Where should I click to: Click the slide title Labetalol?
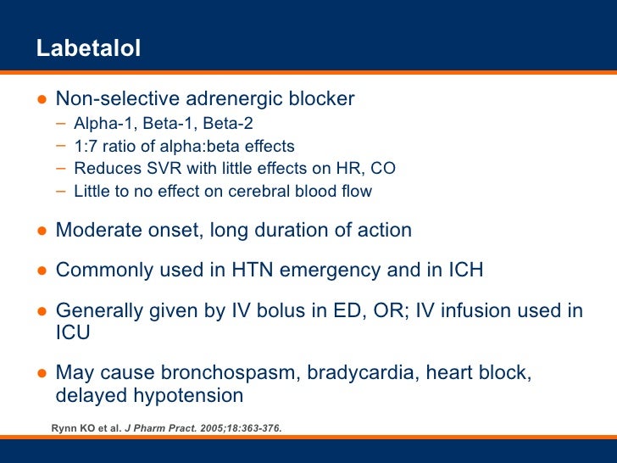click(88, 49)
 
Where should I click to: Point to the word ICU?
click(73, 333)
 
